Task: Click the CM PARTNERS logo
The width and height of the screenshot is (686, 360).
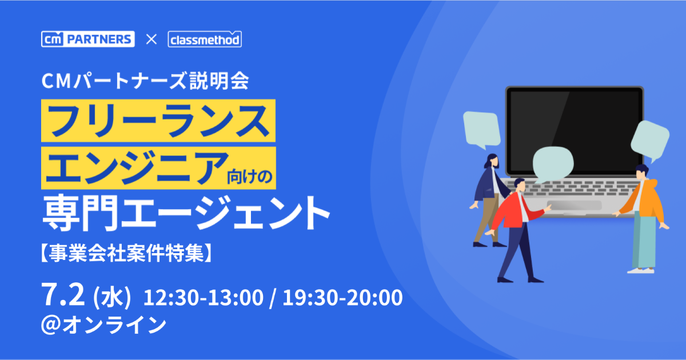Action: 88,39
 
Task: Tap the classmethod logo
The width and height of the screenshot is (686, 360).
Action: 205,39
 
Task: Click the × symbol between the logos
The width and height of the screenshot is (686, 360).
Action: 151,39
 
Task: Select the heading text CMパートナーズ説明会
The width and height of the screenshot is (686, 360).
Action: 145,81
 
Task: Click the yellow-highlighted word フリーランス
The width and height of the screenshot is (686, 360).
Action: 158,121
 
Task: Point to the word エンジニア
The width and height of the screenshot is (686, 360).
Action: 137,168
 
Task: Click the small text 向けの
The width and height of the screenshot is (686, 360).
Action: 250,177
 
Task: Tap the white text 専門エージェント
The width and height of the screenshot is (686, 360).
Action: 186,213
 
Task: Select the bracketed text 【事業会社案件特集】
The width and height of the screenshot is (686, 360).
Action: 126,253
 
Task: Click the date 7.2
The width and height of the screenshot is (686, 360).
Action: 63,294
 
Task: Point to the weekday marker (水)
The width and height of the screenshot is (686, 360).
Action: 112,298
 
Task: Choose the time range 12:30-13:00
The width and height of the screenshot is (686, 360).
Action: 204,297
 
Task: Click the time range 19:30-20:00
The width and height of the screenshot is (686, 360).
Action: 342,297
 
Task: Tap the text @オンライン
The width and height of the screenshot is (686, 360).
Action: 104,325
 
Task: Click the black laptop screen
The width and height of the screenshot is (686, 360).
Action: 575,131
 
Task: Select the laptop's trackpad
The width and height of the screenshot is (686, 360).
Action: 575,205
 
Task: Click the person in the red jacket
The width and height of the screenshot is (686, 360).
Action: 519,230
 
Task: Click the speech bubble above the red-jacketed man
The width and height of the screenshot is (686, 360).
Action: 553,164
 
